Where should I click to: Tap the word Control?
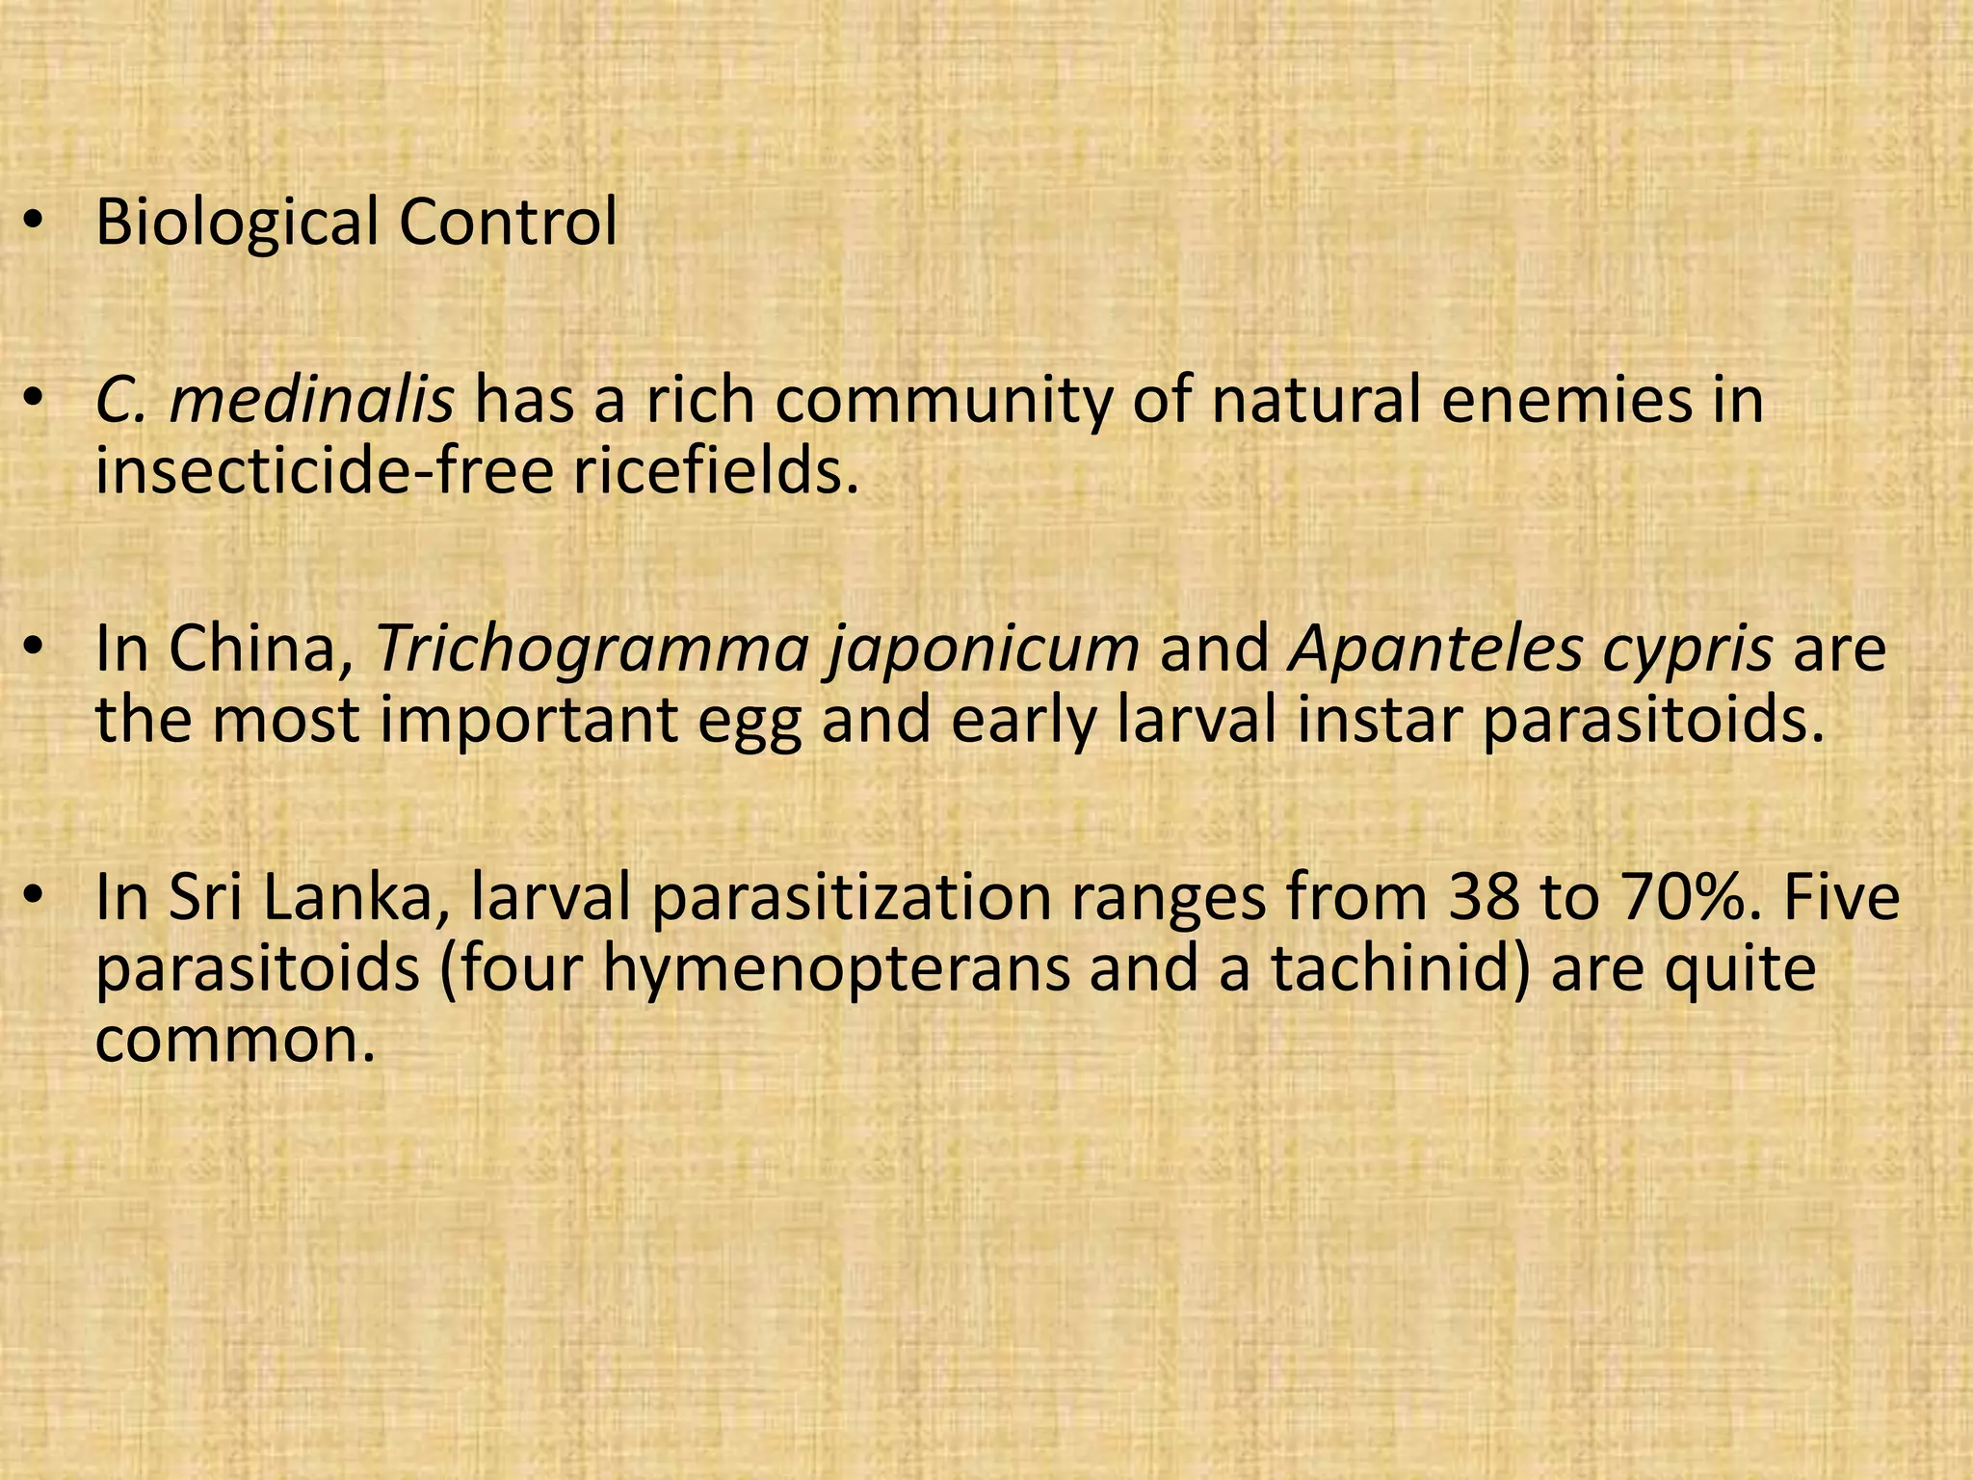click(508, 222)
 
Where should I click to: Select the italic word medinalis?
click(311, 400)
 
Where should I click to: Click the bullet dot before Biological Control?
click(35, 224)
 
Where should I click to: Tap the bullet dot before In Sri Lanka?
click(35, 898)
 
